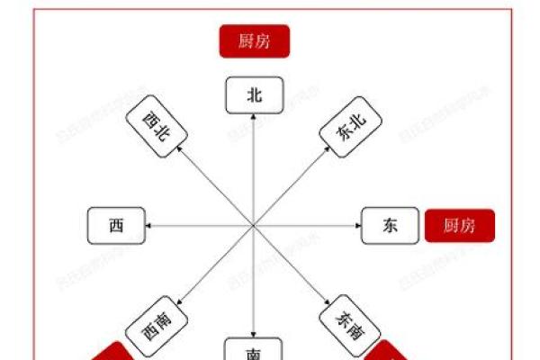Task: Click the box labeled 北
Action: pyautogui.click(x=255, y=95)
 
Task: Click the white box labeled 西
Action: pyautogui.click(x=117, y=225)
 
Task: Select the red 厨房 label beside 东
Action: pyautogui.click(x=459, y=225)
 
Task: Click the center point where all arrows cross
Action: pyautogui.click(x=255, y=225)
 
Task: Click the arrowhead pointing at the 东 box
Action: pyautogui.click(x=357, y=225)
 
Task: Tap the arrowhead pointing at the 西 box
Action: pyautogui.click(x=150, y=225)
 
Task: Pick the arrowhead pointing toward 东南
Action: pyautogui.click(x=328, y=301)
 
